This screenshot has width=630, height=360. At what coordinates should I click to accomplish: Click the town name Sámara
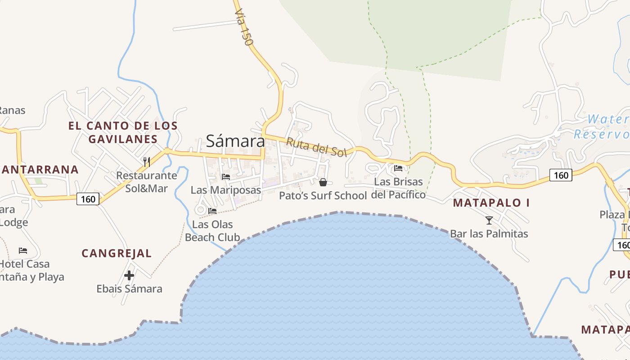click(235, 141)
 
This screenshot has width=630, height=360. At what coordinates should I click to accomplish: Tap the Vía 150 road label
click(243, 28)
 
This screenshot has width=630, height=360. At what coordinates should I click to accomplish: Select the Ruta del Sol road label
click(316, 147)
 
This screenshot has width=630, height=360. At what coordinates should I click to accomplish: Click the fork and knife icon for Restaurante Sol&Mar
click(147, 162)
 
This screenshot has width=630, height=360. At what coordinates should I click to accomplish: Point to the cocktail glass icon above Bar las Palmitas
click(489, 220)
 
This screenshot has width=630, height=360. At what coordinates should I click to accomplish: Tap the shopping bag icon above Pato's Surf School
click(323, 182)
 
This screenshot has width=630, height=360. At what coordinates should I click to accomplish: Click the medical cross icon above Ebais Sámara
click(129, 275)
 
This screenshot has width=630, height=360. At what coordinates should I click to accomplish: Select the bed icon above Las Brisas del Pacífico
click(398, 168)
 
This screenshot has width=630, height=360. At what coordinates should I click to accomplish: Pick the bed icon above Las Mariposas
click(225, 176)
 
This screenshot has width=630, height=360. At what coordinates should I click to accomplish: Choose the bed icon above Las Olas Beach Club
click(212, 211)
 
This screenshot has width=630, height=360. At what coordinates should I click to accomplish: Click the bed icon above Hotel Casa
click(23, 250)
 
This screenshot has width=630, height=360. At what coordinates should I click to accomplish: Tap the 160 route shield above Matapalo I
click(561, 175)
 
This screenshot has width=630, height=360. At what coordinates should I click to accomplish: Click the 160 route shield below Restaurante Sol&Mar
click(88, 198)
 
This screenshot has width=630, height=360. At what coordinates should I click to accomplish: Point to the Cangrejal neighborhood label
click(117, 253)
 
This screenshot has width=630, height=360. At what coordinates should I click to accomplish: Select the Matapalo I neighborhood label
click(491, 202)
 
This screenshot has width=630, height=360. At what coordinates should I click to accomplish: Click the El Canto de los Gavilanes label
click(123, 132)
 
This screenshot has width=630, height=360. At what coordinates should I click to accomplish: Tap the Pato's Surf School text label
click(323, 195)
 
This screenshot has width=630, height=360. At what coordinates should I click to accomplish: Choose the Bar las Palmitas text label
click(489, 234)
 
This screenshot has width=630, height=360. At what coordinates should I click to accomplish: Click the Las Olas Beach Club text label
click(212, 230)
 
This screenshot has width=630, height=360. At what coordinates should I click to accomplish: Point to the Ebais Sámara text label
click(129, 288)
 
